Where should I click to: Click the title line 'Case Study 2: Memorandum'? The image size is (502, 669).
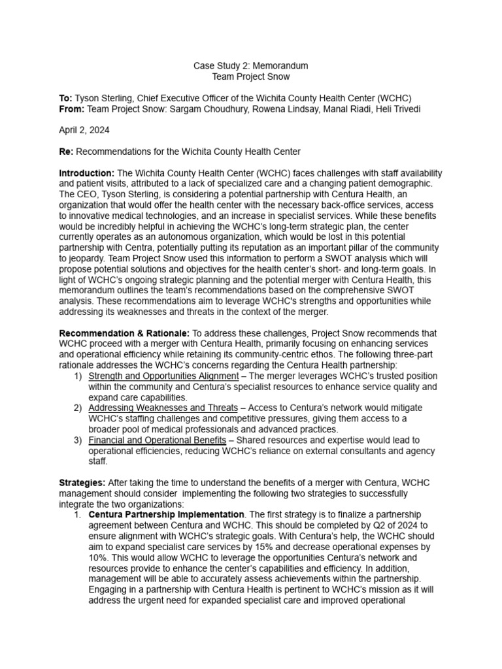pos(250,66)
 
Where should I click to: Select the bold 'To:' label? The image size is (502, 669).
pos(66,98)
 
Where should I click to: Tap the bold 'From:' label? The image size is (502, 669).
pos(72,108)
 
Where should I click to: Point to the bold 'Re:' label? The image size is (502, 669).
pos(67,152)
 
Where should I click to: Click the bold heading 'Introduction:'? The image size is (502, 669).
pos(86,173)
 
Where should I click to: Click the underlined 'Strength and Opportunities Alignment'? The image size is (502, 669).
pos(163,376)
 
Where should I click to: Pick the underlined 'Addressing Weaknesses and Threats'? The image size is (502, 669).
pos(163,408)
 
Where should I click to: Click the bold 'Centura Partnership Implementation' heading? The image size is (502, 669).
pos(167,514)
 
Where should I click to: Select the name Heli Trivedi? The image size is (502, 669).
pos(397,108)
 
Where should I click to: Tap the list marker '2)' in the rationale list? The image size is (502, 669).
pos(78,408)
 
